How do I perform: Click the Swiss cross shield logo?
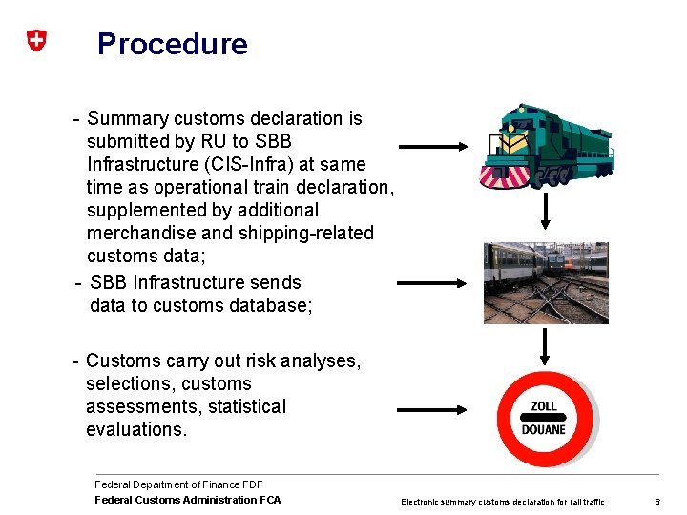coord(35,41)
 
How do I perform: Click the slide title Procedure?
coord(173,44)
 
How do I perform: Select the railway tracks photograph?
coord(545,282)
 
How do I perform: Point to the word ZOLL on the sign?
coord(544,406)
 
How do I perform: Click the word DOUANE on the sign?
coord(544,430)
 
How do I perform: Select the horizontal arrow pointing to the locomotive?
coord(433,147)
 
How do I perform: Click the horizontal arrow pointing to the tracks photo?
coord(433,283)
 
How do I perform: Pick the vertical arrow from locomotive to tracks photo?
coord(545,211)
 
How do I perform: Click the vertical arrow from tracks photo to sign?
coord(545,347)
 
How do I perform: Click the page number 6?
coord(656,502)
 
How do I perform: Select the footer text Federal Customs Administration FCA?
coord(188,500)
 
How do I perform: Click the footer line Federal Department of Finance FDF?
coord(178,484)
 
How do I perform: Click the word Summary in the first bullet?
coord(127,118)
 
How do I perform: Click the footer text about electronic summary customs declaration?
coord(503,502)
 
